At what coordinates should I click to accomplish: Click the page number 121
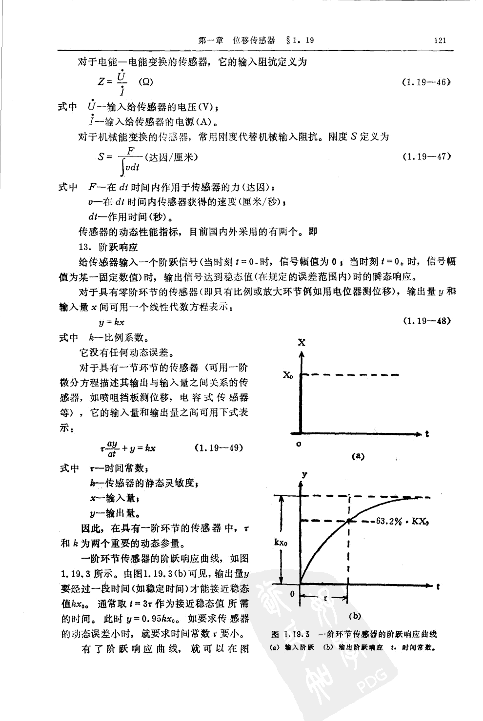point(439,40)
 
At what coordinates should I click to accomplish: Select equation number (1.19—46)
point(425,82)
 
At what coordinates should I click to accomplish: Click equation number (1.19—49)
point(219,448)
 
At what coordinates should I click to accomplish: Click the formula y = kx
point(111,322)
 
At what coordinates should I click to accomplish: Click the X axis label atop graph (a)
point(302,343)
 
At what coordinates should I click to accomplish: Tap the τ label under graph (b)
point(324,596)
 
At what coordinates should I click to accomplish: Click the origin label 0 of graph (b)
point(292,594)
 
